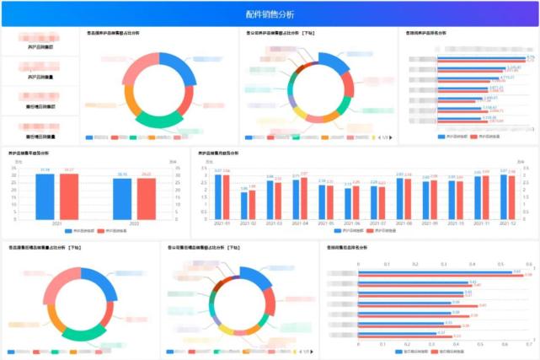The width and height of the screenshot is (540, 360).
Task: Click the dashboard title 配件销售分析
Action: coord(270,14)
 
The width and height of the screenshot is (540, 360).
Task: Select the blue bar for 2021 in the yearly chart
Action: coord(45,196)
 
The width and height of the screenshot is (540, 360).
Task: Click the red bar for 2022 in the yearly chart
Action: coord(147,197)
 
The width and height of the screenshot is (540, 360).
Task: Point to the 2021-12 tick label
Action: coord(508,223)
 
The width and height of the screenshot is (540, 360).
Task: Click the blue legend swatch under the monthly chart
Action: coord(338,229)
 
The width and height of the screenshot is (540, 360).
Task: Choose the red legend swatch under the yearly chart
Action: coord(101,229)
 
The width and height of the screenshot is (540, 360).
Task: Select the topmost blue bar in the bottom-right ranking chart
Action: coord(442,271)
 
